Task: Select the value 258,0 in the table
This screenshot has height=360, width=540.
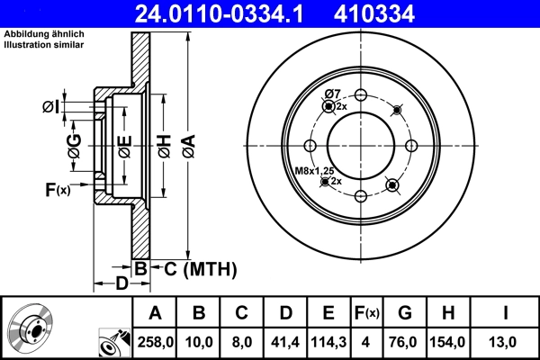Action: (x=155, y=342)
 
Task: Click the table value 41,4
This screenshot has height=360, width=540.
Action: (x=284, y=342)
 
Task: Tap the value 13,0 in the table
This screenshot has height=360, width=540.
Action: (x=506, y=342)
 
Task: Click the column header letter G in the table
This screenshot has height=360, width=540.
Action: (x=405, y=313)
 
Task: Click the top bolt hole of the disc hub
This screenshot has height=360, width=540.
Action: (x=361, y=96)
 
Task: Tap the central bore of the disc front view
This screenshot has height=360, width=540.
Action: (x=361, y=146)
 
